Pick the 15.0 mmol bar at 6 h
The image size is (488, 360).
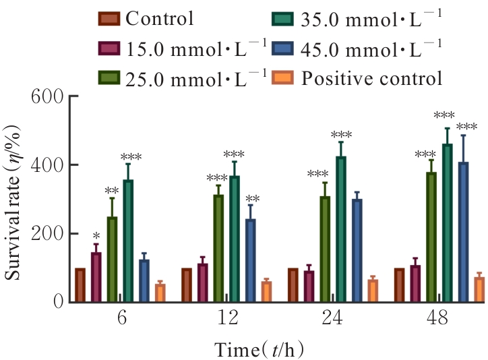(96, 277)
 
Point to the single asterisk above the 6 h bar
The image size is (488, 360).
(96, 237)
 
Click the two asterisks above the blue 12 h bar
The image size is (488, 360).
(252, 199)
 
